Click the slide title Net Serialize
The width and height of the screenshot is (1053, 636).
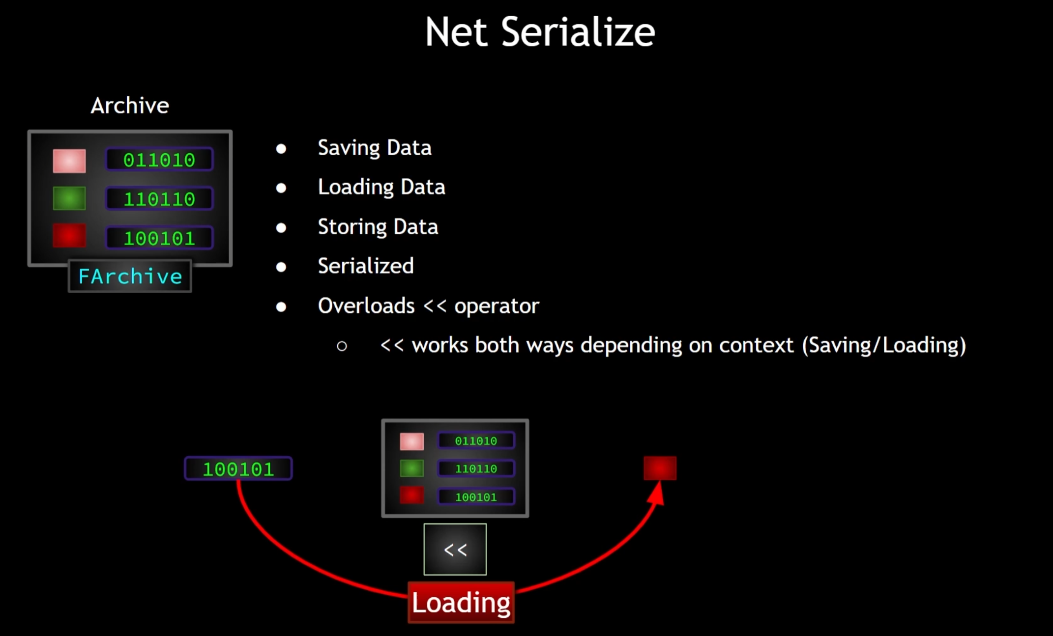click(x=540, y=32)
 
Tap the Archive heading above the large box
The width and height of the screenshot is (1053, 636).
click(x=130, y=106)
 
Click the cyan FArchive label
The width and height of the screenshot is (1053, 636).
click(x=130, y=277)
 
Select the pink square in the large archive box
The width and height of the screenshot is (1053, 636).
click(x=69, y=161)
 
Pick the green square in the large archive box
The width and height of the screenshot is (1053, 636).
click(x=69, y=198)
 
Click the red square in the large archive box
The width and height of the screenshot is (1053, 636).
click(x=69, y=236)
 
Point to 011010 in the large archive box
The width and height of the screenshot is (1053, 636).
click(x=159, y=160)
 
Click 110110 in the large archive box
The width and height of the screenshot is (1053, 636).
click(x=159, y=199)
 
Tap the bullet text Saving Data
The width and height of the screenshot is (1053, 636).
click(x=374, y=148)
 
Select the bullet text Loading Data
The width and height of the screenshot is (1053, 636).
click(x=381, y=187)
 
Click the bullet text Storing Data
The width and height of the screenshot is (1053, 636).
click(x=378, y=227)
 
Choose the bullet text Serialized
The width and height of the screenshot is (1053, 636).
click(x=365, y=266)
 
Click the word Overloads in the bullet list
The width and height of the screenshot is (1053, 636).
click(x=366, y=306)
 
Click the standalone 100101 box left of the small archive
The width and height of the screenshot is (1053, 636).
click(x=238, y=469)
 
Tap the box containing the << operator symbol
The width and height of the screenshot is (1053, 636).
click(x=455, y=549)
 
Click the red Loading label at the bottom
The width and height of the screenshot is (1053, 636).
click(x=461, y=603)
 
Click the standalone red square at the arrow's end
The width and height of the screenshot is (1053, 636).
click(x=660, y=468)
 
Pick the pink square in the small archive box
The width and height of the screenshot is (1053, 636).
click(x=411, y=442)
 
